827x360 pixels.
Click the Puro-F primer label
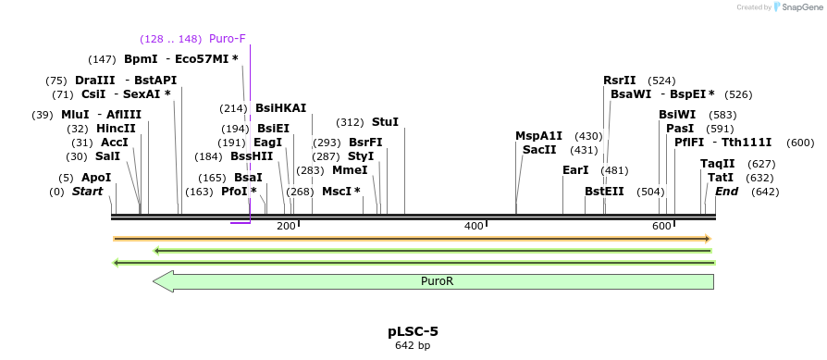[x=227, y=39]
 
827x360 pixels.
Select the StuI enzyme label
[x=385, y=122]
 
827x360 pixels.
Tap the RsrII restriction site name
[x=620, y=81]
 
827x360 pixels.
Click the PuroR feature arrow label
[x=437, y=281]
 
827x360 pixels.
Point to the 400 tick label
[x=474, y=226]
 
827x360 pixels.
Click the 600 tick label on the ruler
[x=661, y=226]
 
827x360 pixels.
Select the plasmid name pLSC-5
[x=413, y=330]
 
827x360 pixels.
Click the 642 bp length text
[x=413, y=346]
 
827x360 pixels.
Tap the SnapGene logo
[x=797, y=7]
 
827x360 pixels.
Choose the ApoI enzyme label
[x=96, y=178]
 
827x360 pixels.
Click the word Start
[x=89, y=192]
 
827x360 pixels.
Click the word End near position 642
[x=726, y=192]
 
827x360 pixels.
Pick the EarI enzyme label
[x=575, y=170]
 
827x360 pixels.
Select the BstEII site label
[x=604, y=192]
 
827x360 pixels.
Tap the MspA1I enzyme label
[x=538, y=136]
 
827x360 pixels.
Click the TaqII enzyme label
[x=717, y=164]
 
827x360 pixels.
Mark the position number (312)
[x=350, y=122]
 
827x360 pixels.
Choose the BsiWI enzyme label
[x=676, y=115]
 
